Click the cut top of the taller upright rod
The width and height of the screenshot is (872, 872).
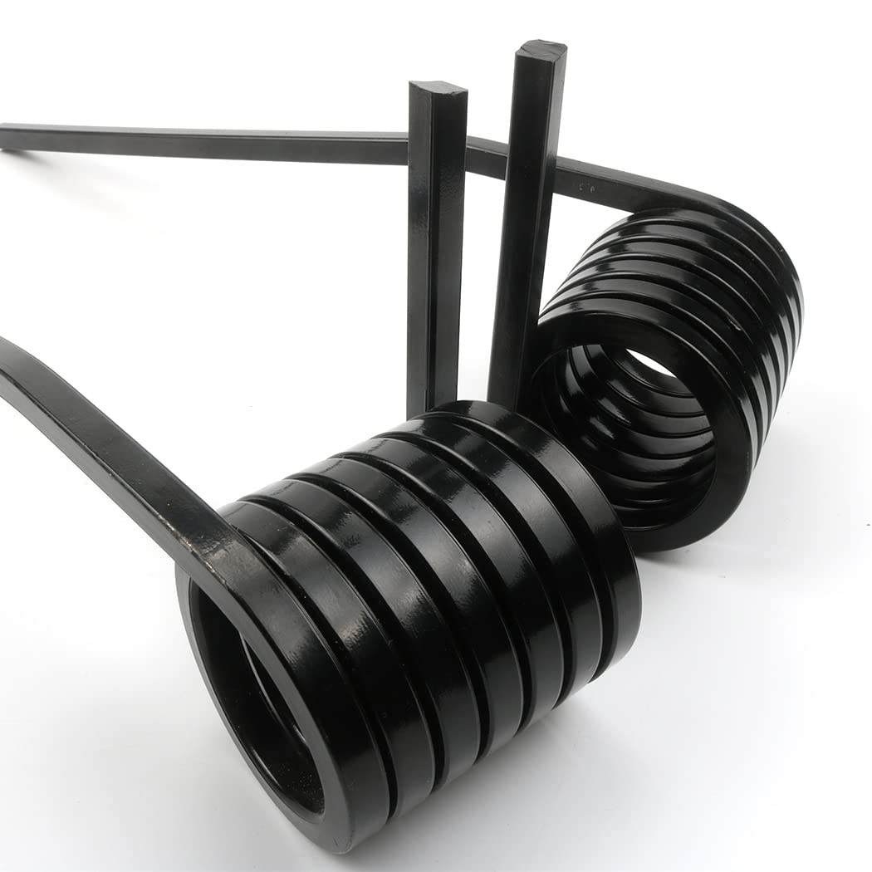click(541, 49)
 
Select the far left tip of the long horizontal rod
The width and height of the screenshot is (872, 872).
click(7, 136)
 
